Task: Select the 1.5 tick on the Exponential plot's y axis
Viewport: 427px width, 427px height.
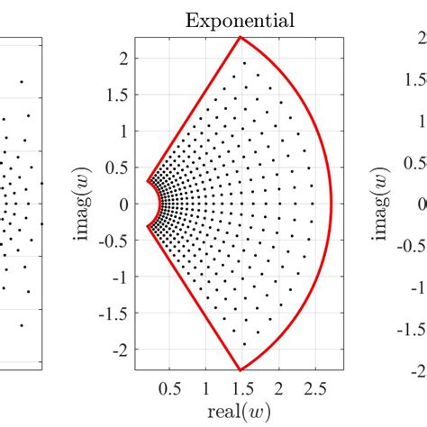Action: [x=119, y=95]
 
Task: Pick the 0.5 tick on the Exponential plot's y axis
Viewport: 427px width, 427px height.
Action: [x=119, y=168]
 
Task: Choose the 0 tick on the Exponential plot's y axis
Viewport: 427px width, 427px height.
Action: [x=124, y=204]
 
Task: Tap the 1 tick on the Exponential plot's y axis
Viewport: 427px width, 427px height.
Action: [x=124, y=131]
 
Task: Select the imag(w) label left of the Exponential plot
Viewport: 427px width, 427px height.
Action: [x=90, y=204]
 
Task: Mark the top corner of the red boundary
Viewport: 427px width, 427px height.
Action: [x=241, y=37]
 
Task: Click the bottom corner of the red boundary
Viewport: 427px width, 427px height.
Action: [x=241, y=370]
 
